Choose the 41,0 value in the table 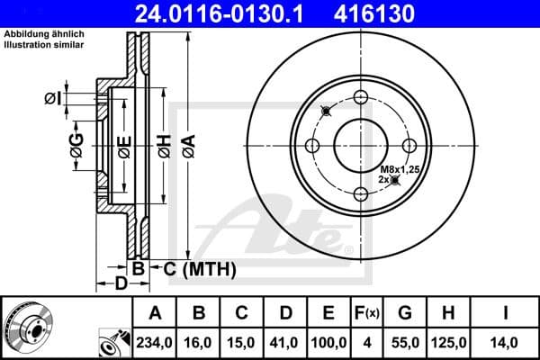286,342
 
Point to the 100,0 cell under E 328,342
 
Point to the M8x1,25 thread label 400,169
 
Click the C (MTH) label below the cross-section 193,268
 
